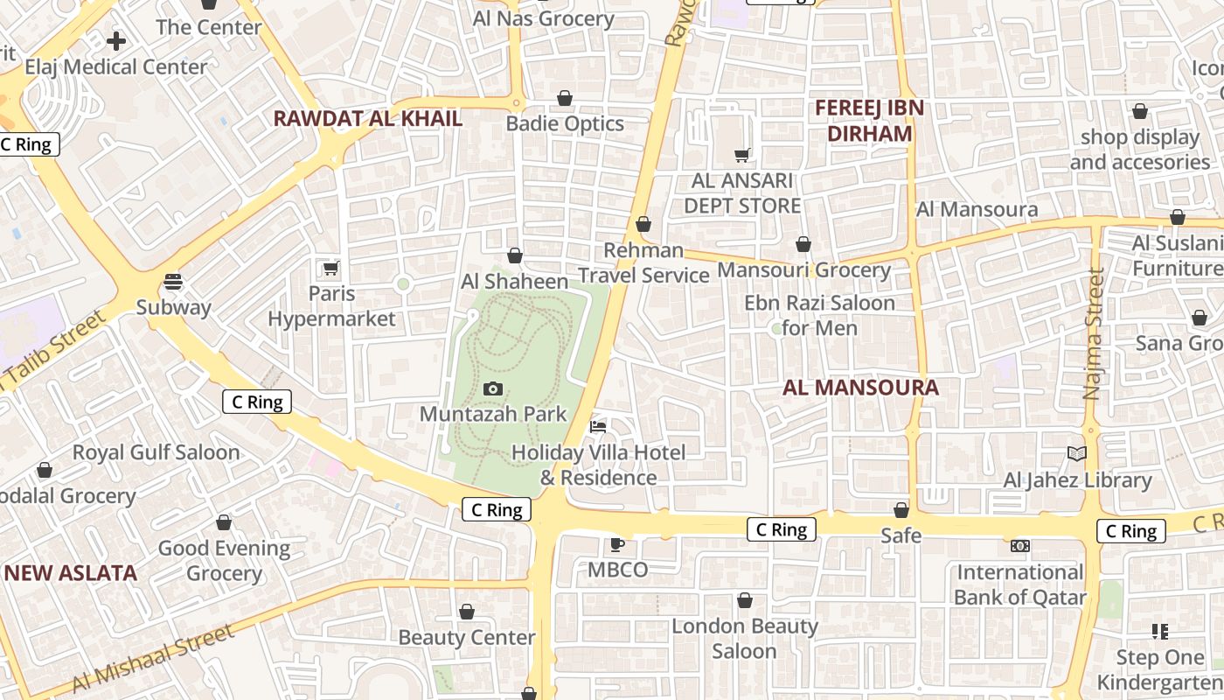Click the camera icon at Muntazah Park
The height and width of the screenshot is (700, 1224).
(x=493, y=389)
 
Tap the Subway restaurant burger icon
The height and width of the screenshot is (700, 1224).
(x=173, y=282)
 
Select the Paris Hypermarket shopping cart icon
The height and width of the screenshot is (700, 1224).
(x=330, y=268)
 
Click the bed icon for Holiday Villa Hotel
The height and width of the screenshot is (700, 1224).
(x=598, y=427)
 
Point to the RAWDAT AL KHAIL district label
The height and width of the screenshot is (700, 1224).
(x=368, y=119)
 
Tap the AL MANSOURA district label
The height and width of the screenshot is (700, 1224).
(x=860, y=388)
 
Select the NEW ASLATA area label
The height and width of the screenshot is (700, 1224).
(x=70, y=573)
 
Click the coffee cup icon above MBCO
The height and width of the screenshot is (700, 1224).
(x=616, y=545)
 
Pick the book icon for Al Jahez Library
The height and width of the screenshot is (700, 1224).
(x=1077, y=454)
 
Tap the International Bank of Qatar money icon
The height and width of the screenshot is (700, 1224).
(x=1019, y=546)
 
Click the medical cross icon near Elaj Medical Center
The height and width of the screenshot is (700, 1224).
(x=115, y=41)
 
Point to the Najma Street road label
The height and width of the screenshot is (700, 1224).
(x=1093, y=333)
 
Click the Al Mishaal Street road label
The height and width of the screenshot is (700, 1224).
(x=153, y=658)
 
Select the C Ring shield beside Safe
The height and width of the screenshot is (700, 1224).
(x=782, y=529)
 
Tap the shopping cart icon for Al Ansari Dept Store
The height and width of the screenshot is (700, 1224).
(x=742, y=155)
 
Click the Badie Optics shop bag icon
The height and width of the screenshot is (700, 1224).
(x=565, y=98)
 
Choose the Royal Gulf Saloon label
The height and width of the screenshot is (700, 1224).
(x=156, y=452)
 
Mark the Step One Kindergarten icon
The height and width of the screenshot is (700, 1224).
(x=1160, y=631)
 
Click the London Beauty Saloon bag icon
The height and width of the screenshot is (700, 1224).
(x=745, y=600)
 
